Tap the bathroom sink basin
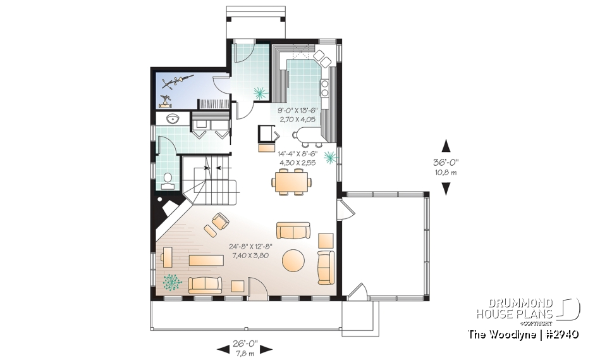point(171,119)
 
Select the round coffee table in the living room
point(293,260)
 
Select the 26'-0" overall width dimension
point(244,342)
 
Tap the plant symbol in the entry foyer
point(260,93)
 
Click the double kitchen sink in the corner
point(322,58)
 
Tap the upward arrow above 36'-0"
point(446,145)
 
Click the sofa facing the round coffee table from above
point(293,230)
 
